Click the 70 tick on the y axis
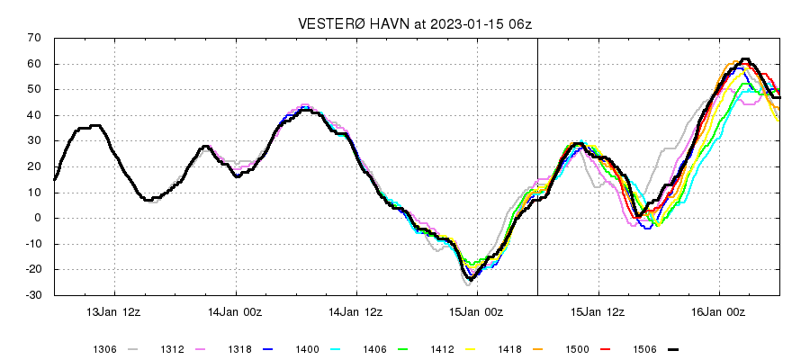pyautogui.click(x=35, y=38)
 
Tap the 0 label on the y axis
pyautogui.click(x=39, y=218)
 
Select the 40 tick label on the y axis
pyautogui.click(x=35, y=115)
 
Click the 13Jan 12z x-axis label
pyautogui.click(x=114, y=312)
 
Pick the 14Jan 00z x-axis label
pyautogui.click(x=236, y=312)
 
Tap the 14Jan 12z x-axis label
pyautogui.click(x=356, y=312)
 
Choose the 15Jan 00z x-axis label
pyautogui.click(x=477, y=312)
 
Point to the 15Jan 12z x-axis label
pyautogui.click(x=598, y=312)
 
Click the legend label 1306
pyautogui.click(x=104, y=348)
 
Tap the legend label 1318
pyautogui.click(x=238, y=348)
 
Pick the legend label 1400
pyautogui.click(x=306, y=348)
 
